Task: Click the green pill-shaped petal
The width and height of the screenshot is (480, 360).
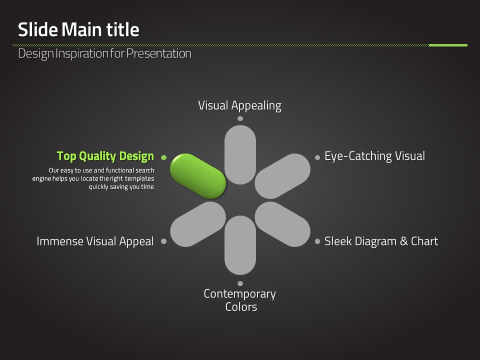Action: (x=198, y=176)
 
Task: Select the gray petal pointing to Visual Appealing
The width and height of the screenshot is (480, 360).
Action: (x=240, y=154)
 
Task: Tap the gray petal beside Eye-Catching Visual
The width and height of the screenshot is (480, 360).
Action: (x=282, y=176)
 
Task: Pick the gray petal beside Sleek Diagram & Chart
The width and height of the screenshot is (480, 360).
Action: (x=282, y=224)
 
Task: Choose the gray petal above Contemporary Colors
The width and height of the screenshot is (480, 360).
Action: (x=240, y=245)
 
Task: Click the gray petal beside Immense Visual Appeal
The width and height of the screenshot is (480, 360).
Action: (x=198, y=224)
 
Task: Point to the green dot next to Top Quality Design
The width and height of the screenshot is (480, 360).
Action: (x=164, y=157)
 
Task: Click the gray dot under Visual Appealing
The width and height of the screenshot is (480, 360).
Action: (x=240, y=118)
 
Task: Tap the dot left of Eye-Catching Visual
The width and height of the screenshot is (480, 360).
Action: (x=317, y=157)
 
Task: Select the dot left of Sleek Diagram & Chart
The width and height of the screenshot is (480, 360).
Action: (x=317, y=241)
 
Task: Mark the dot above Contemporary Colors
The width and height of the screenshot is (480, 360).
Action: (x=240, y=283)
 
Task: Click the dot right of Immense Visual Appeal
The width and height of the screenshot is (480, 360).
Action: (x=164, y=241)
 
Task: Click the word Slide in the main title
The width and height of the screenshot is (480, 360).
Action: (x=38, y=29)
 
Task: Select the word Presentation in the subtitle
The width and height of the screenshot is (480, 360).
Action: (x=159, y=53)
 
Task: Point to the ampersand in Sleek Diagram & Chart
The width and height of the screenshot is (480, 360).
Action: (x=404, y=241)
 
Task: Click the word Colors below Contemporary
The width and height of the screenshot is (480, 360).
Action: (x=241, y=306)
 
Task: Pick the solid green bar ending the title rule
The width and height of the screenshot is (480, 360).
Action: (x=448, y=45)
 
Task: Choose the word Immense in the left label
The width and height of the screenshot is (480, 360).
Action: (x=60, y=241)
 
